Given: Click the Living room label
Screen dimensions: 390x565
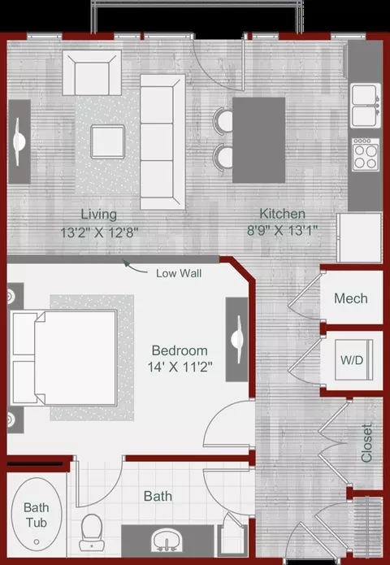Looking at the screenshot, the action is point(98,215).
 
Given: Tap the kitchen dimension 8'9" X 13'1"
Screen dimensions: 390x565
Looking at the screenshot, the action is point(282,230).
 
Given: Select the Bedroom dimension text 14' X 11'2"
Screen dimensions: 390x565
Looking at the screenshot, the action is point(180,367).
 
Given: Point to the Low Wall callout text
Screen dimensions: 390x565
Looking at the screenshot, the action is point(179,273).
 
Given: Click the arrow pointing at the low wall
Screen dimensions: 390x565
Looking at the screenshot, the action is point(135,267).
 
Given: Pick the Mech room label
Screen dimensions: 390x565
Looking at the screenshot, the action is point(351,298).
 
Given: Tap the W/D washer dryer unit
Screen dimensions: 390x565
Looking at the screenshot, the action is point(353,359).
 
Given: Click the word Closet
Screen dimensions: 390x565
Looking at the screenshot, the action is point(366,443).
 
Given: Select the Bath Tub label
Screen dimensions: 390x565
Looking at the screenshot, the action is point(36,515).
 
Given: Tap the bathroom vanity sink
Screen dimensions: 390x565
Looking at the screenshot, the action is point(167,539).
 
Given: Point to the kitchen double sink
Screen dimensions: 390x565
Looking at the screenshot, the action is point(366,105).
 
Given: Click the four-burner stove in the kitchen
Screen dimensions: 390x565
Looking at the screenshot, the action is point(366,155).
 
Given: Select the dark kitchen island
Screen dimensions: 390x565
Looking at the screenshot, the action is point(259,140).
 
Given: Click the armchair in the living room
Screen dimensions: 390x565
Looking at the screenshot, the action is point(92,73).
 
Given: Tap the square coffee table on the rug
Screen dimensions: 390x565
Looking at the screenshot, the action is point(108,141).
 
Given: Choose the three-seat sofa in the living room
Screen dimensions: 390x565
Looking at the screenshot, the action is point(162,142).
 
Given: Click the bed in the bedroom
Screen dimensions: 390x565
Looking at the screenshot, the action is point(64,357).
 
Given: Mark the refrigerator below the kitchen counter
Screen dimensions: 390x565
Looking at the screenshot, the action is point(359,238).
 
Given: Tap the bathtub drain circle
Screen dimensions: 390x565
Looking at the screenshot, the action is point(37,541).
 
